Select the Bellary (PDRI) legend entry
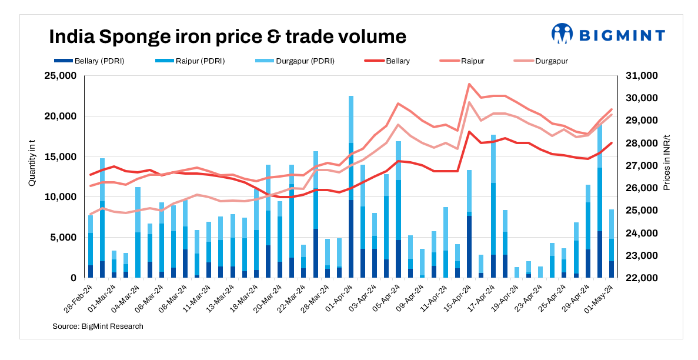click(88, 61)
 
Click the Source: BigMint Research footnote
click(98, 326)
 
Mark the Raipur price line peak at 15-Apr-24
click(469, 84)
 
